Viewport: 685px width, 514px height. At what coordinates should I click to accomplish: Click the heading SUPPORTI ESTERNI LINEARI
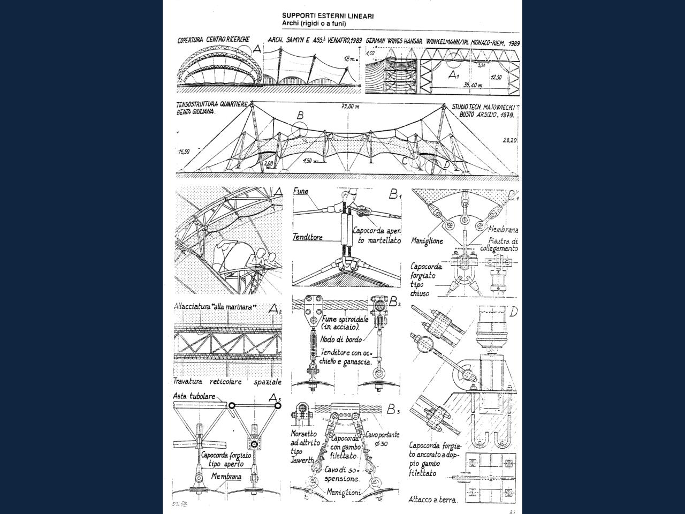click(x=328, y=16)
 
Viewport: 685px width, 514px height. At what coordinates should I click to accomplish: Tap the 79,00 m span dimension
click(x=351, y=107)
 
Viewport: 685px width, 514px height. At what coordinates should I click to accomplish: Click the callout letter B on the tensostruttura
click(x=300, y=115)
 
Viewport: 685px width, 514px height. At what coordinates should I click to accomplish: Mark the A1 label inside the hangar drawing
click(x=454, y=75)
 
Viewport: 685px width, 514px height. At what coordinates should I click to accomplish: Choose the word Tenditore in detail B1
click(x=308, y=237)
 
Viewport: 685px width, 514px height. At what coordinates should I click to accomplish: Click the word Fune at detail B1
click(x=301, y=191)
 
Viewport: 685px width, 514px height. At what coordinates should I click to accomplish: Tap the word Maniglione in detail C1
click(x=427, y=241)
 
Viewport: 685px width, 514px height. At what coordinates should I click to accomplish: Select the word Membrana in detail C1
click(x=504, y=229)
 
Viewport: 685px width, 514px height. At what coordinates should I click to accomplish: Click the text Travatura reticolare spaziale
click(x=227, y=382)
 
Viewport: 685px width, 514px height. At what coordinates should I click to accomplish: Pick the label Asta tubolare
click(x=194, y=396)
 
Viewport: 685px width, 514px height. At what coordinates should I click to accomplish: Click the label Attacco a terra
click(x=433, y=500)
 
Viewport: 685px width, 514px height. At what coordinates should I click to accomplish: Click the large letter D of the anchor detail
click(x=513, y=312)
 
